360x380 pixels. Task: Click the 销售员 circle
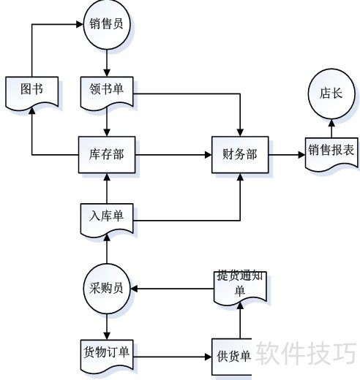click(x=107, y=24)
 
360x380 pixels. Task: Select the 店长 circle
click(x=331, y=94)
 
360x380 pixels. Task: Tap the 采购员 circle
click(x=107, y=289)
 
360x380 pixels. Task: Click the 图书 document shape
click(x=32, y=93)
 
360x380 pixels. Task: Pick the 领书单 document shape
click(x=107, y=93)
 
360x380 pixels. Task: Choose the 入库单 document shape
click(x=107, y=220)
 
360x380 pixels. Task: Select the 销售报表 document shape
click(x=331, y=153)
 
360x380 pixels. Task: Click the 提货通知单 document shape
click(x=240, y=287)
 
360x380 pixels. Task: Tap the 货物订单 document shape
click(x=107, y=356)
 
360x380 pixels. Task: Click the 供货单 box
click(x=232, y=357)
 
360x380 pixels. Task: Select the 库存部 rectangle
click(x=107, y=155)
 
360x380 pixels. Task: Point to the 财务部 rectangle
click(x=240, y=155)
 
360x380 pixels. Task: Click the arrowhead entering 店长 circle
click(x=331, y=123)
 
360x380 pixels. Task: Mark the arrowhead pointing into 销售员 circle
click(x=80, y=24)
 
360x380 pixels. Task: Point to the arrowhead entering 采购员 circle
click(x=134, y=289)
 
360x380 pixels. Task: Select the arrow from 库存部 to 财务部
click(x=173, y=155)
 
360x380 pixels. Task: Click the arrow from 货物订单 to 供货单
click(x=173, y=357)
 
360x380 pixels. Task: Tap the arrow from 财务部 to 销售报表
click(x=287, y=155)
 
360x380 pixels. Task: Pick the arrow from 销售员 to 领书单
click(x=107, y=64)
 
